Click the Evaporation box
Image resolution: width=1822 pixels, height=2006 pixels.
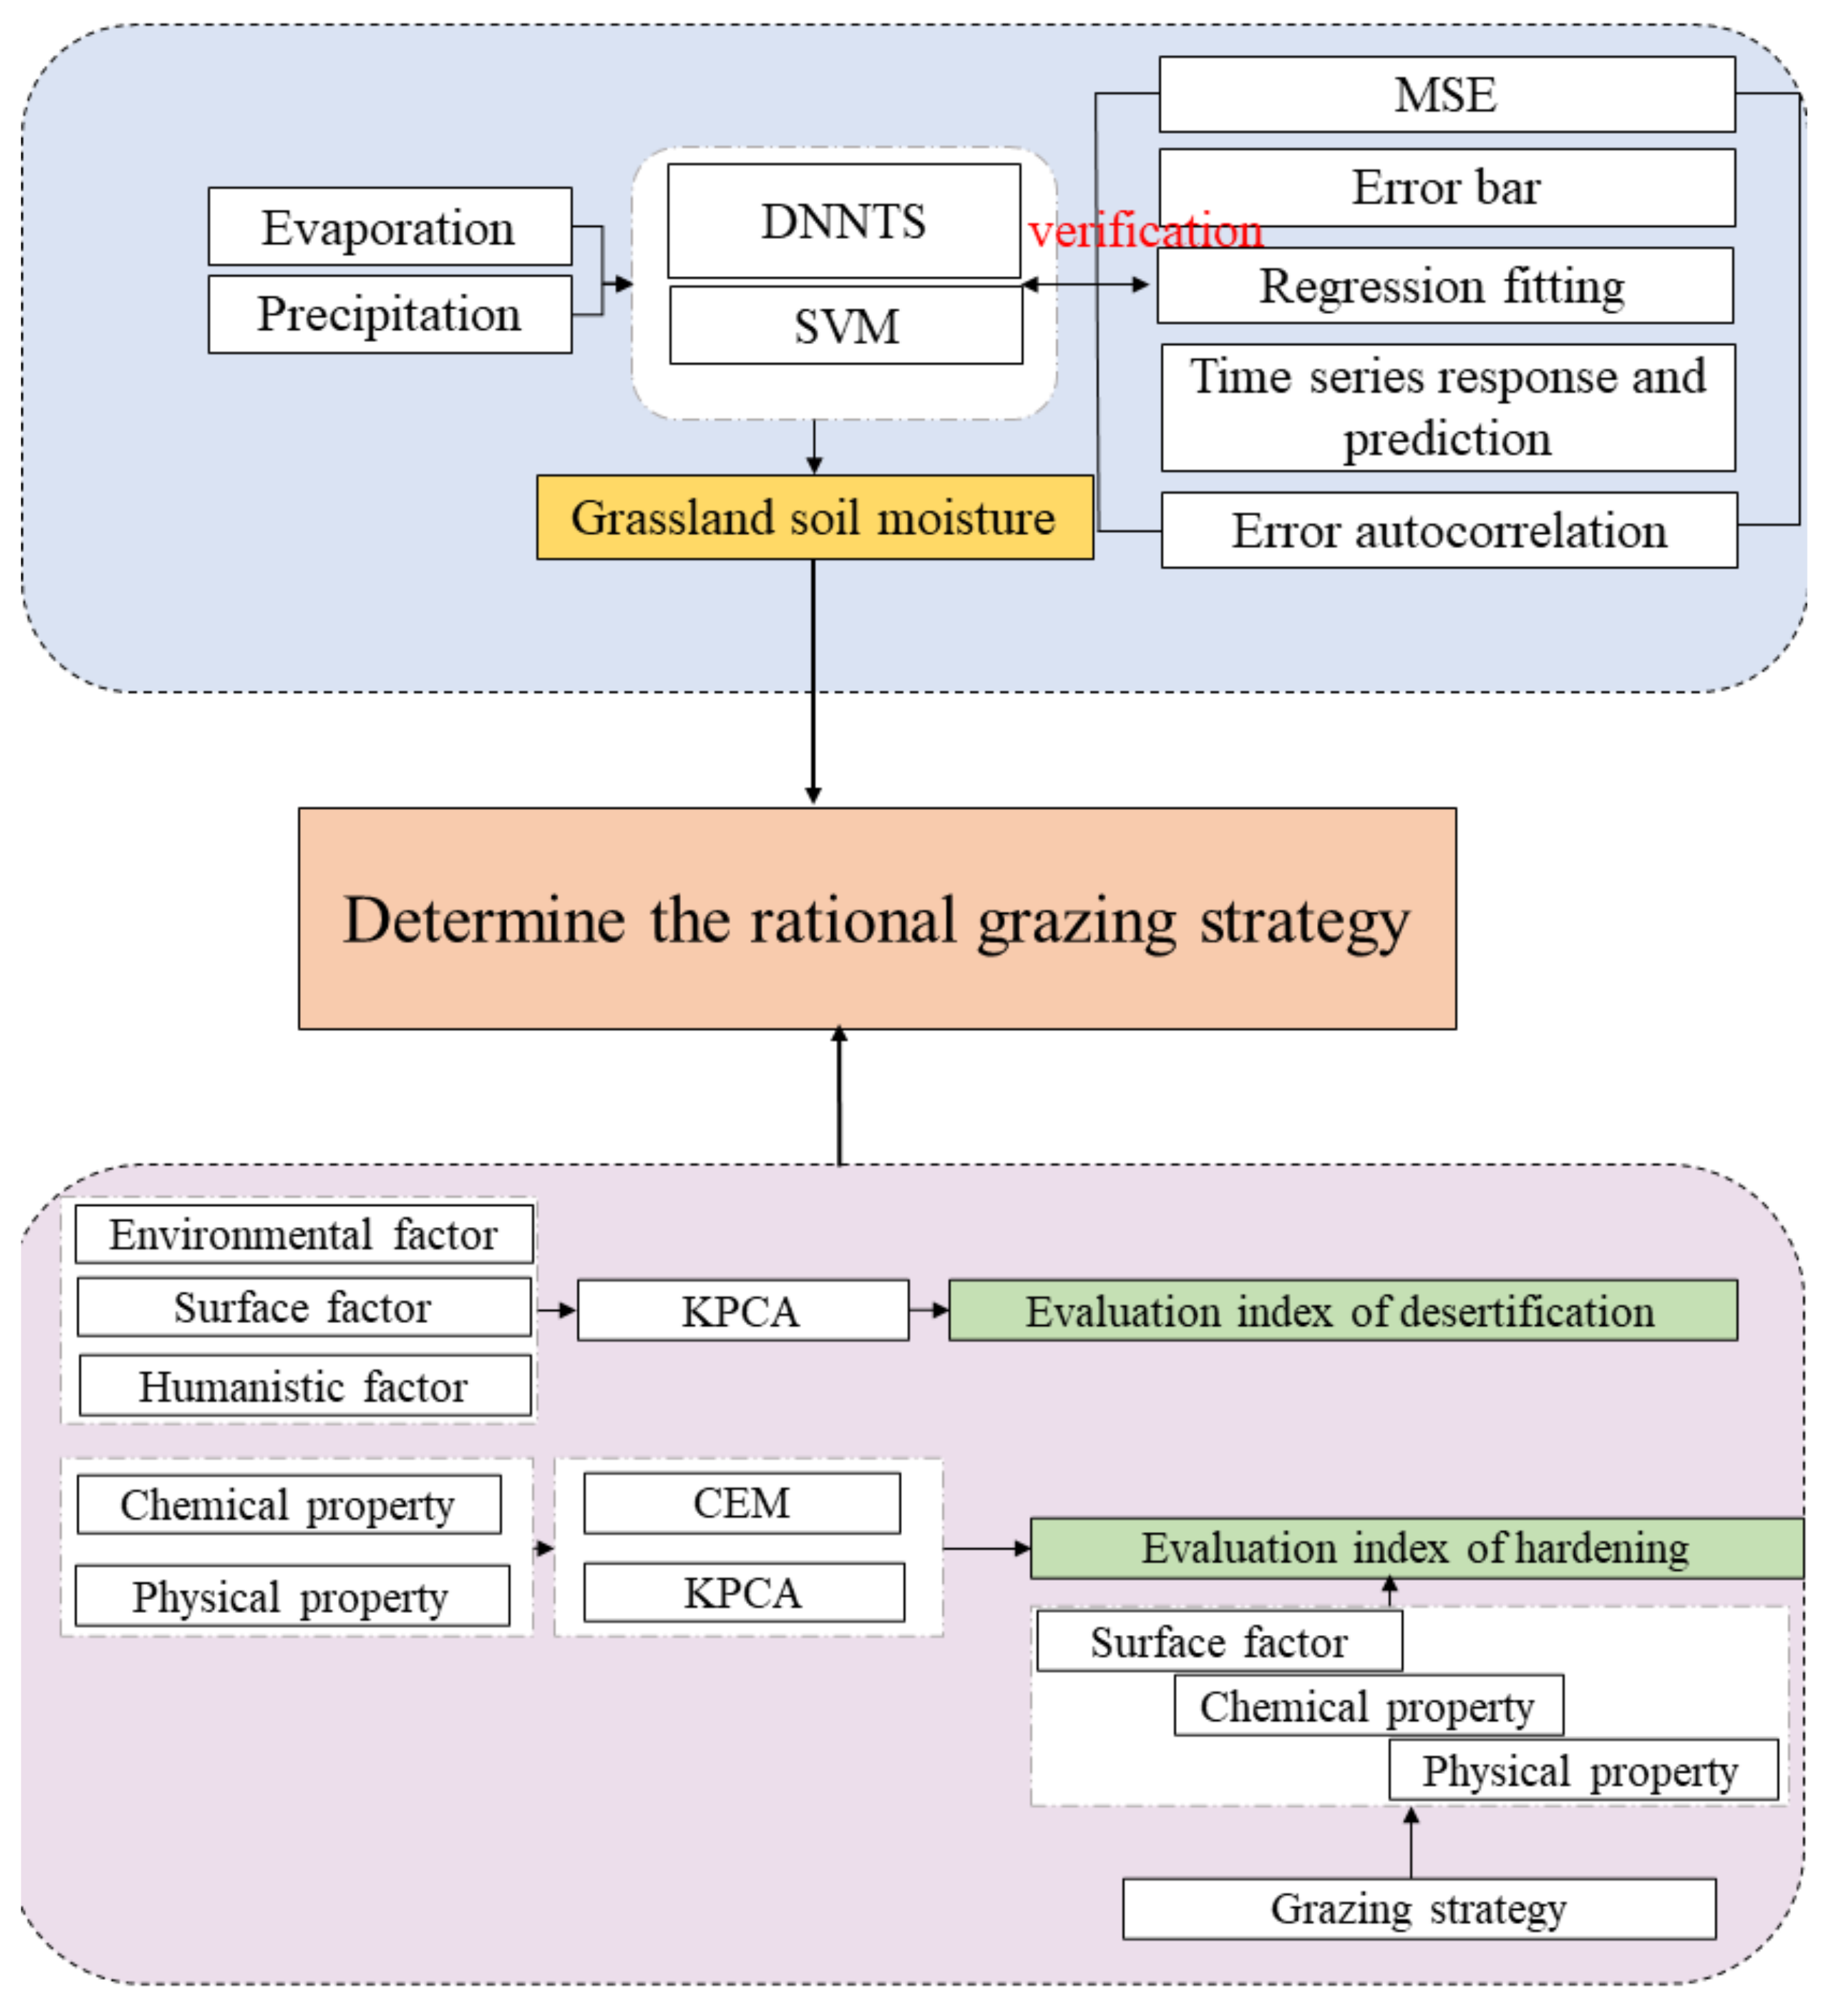(389, 227)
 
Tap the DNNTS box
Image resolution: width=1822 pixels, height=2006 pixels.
(843, 221)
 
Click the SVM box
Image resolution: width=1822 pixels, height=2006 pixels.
(845, 326)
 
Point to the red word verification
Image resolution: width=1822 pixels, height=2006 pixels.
(1145, 231)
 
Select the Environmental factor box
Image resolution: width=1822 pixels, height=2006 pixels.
(304, 1235)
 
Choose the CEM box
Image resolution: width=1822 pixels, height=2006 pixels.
(741, 1502)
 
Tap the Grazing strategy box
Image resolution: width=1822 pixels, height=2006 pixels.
(1418, 1908)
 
